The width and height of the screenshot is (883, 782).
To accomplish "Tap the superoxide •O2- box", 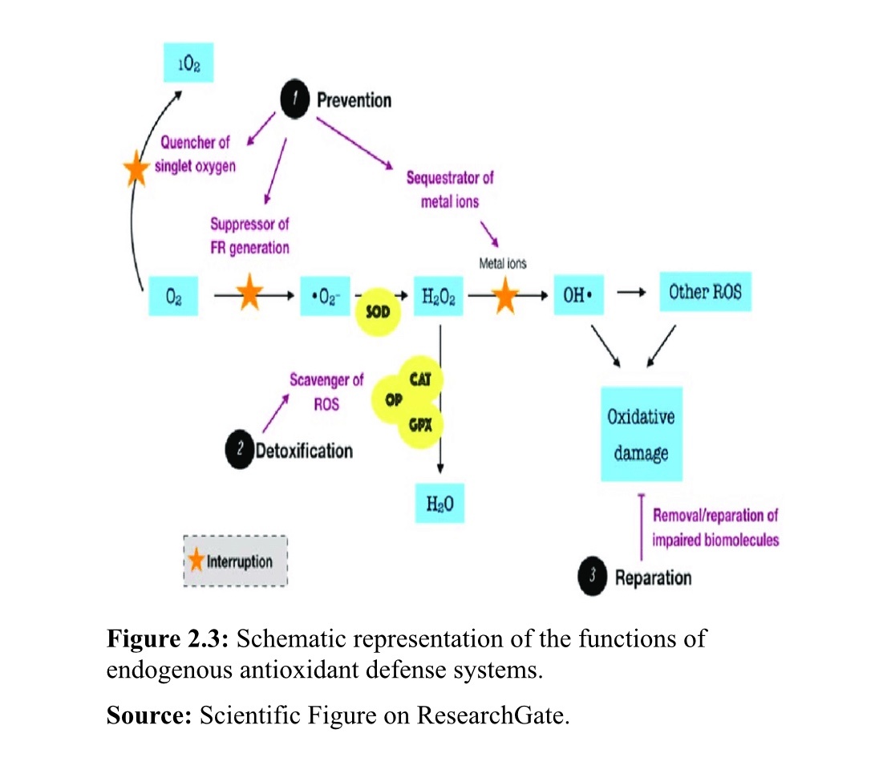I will point(325,295).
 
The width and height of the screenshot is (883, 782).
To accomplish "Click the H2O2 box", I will point(438,295).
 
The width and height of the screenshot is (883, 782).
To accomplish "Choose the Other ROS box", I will point(705,293).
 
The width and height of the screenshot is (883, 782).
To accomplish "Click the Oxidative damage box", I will point(641,434).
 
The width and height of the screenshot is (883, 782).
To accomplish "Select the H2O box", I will point(439,505).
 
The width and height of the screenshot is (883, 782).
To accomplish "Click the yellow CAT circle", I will point(419,379).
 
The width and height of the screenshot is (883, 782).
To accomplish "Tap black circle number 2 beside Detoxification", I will point(239,450).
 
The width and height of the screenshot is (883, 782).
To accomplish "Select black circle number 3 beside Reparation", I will point(593,576).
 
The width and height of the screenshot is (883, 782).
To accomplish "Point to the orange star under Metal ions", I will point(505,295).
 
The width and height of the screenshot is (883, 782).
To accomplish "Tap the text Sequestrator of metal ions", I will point(450,188).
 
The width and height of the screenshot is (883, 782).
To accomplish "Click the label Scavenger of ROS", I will point(326,391).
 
